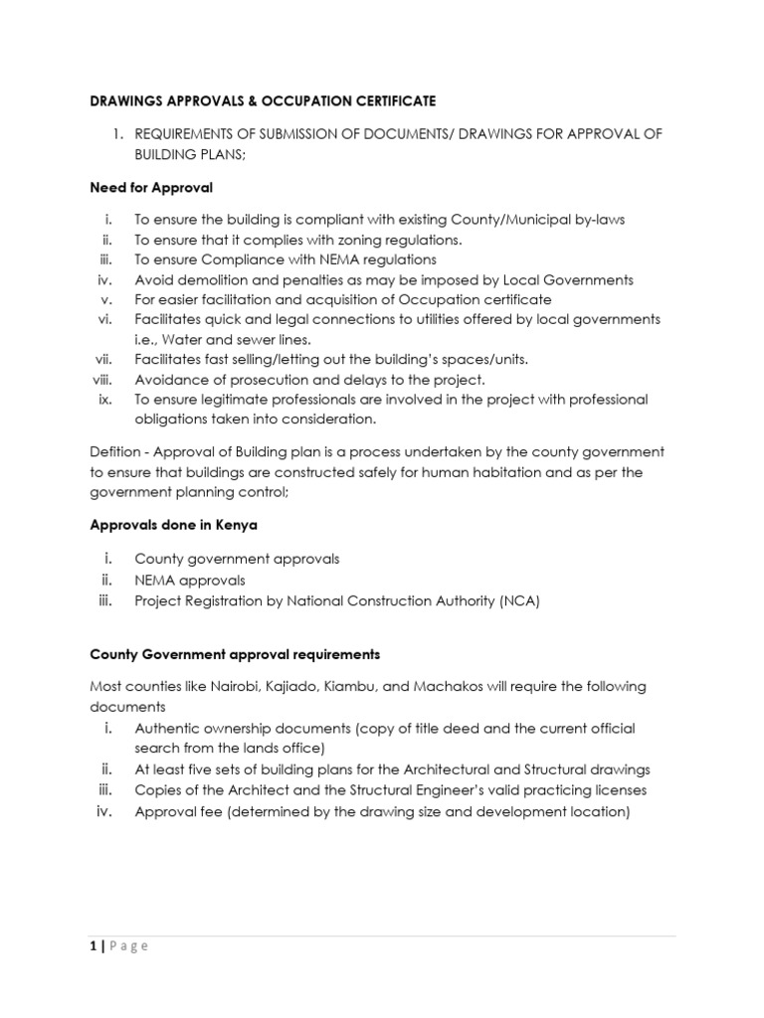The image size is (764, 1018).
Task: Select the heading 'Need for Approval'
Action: [151, 187]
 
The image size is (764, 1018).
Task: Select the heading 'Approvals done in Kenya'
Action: [174, 525]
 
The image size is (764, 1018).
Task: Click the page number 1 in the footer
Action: [94, 945]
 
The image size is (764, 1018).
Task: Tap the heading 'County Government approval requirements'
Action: [235, 655]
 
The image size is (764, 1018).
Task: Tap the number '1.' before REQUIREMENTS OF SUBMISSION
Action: [116, 133]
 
